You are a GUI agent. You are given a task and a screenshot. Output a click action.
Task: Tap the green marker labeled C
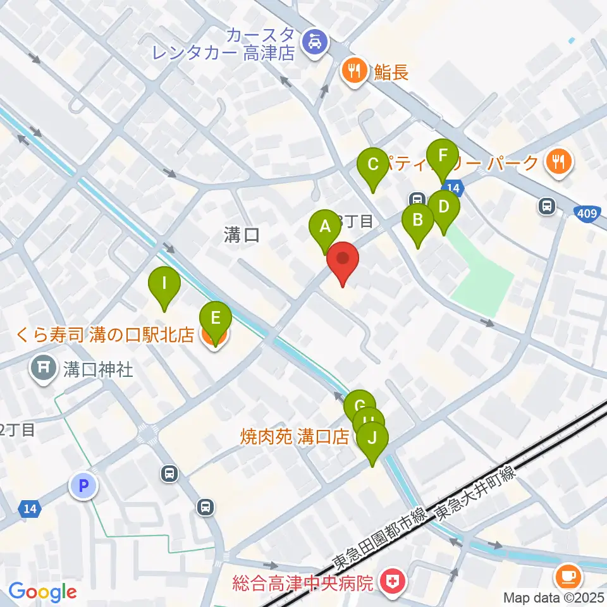tap(372, 165)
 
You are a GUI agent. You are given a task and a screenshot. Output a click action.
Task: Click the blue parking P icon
tap(83, 486)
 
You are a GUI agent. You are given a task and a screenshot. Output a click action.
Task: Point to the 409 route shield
tap(587, 213)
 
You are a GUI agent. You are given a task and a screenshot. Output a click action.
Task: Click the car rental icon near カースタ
tap(313, 42)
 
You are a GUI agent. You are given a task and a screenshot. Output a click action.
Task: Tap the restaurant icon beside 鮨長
tap(355, 70)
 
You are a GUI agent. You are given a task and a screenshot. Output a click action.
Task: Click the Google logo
tap(42, 592)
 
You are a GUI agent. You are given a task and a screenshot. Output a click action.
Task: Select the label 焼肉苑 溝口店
tap(295, 436)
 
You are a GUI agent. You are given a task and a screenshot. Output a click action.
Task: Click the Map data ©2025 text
tap(554, 597)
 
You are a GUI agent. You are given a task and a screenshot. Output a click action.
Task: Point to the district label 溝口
tap(242, 236)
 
